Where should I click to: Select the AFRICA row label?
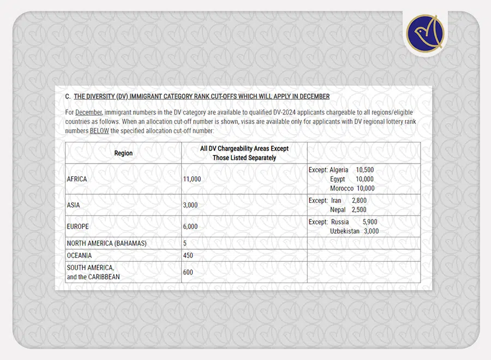[x=77, y=179]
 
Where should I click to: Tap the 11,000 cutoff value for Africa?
[x=192, y=179]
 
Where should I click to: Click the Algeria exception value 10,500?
[x=364, y=170]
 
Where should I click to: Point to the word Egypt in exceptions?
[x=338, y=179]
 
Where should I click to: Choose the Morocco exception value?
[x=365, y=188]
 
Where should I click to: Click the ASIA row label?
[x=74, y=205]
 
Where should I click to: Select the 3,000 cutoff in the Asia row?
[x=190, y=205]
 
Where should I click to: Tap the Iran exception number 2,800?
[x=359, y=201]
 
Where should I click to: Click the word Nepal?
[x=338, y=209]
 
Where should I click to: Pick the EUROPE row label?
[x=78, y=226]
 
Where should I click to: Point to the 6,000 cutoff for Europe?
[x=190, y=226]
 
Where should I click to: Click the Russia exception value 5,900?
[x=369, y=222]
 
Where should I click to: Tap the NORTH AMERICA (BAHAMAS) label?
[x=107, y=243]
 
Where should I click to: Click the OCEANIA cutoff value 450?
[x=188, y=255]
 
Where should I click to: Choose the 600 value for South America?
[x=188, y=272]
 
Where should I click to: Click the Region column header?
[x=123, y=153]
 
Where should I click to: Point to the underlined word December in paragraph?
[x=88, y=112]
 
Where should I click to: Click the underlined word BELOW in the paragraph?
[x=100, y=131]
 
